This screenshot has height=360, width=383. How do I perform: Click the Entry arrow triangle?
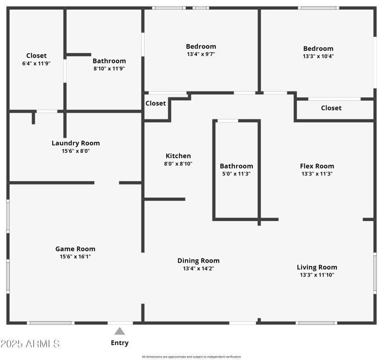[120, 331]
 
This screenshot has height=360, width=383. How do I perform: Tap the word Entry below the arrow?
[120, 343]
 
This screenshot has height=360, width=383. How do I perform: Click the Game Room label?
[75, 249]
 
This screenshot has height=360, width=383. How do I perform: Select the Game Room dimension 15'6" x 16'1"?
[75, 256]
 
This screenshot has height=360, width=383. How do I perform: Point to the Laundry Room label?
[76, 143]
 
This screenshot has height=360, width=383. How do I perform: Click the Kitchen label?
[178, 156]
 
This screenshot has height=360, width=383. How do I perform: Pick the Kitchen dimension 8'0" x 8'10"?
[178, 163]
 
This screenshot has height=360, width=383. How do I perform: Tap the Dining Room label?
[198, 261]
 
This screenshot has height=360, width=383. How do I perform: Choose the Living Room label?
[317, 267]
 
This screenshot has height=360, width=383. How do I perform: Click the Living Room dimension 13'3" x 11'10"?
[317, 275]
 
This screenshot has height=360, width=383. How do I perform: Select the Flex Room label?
[317, 166]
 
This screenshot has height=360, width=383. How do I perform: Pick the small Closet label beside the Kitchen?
[156, 103]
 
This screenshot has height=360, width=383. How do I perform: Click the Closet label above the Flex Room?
[331, 108]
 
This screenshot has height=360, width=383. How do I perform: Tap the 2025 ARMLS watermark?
[30, 344]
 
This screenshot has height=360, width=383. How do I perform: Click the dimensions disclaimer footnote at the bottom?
[191, 357]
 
